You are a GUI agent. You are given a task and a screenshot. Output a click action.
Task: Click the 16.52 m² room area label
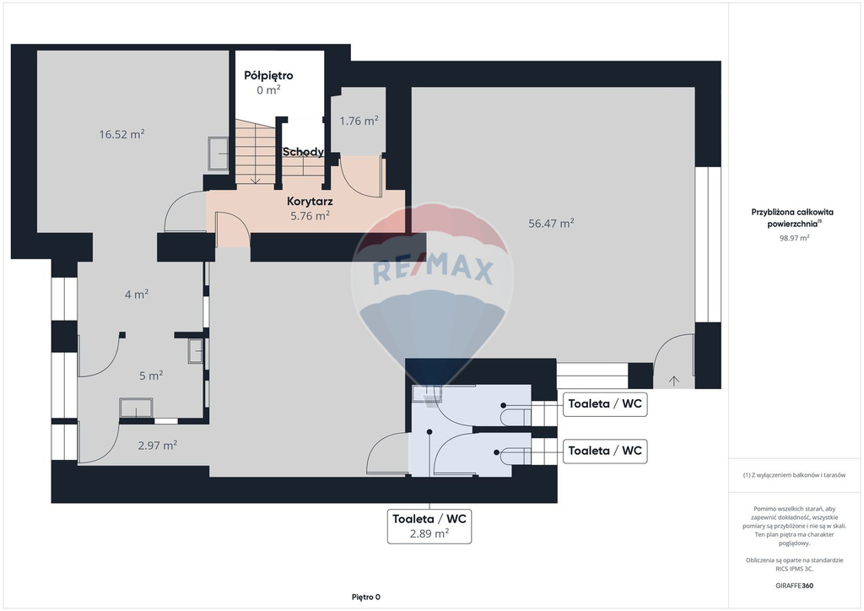(x=121, y=134)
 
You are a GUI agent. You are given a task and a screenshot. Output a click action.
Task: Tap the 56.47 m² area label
(x=551, y=223)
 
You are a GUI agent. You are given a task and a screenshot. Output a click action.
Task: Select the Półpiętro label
(x=268, y=75)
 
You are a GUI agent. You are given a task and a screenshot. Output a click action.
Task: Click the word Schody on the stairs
(x=303, y=152)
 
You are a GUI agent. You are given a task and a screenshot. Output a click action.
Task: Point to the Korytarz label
(x=310, y=202)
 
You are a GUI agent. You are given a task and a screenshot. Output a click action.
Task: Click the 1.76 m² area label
(x=359, y=121)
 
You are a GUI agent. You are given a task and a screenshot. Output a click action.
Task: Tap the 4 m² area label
(x=137, y=295)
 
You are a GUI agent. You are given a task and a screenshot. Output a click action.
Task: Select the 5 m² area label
(x=151, y=376)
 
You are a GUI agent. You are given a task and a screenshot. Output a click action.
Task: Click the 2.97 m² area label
(x=158, y=445)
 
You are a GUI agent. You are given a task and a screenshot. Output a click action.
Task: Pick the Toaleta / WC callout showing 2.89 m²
(x=429, y=526)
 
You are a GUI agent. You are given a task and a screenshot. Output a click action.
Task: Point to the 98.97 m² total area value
(x=794, y=238)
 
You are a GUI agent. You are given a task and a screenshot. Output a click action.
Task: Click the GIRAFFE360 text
(x=794, y=586)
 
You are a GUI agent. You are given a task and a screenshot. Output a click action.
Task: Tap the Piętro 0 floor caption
(x=366, y=597)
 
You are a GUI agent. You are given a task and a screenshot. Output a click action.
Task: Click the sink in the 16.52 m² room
(x=219, y=153)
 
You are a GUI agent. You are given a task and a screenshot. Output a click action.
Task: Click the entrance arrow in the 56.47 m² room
(x=673, y=380)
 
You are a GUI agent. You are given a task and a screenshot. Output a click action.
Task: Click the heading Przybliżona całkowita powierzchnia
(x=792, y=218)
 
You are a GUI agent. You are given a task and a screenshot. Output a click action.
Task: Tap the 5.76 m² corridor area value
(x=310, y=216)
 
